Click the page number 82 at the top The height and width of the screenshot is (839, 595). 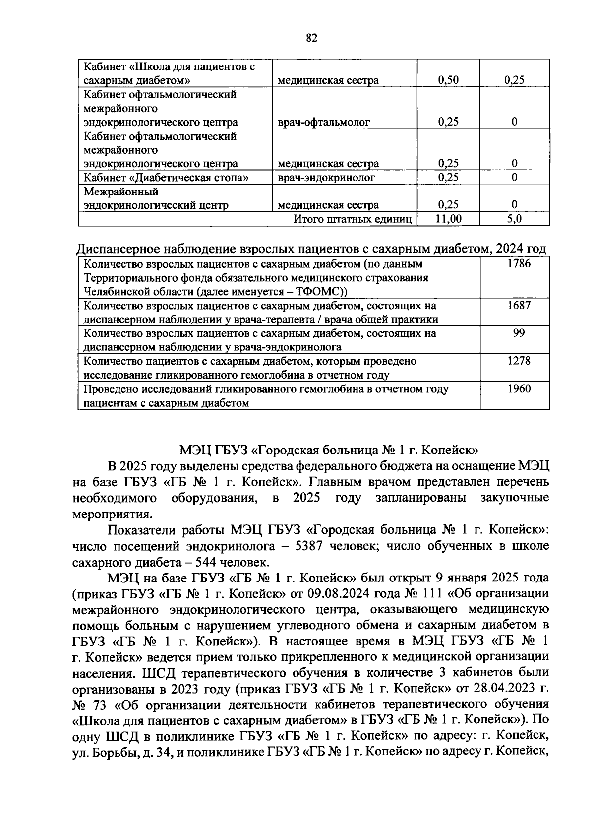coord(311,38)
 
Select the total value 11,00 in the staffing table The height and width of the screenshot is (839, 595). coord(448,219)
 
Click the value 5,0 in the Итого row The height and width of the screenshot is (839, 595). coord(514,219)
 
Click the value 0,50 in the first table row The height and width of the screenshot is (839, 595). coord(448,80)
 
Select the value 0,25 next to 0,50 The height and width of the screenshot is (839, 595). coord(514,80)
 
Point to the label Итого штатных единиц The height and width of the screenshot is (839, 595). coord(353,219)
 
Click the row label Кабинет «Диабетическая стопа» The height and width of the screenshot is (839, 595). coord(166,177)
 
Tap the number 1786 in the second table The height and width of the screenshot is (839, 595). coord(519,264)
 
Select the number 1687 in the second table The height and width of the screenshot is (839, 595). coord(519,306)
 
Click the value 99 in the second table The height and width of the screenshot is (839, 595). coord(519,333)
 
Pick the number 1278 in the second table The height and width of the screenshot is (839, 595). coord(519,361)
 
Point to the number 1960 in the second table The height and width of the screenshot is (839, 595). coord(519,389)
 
